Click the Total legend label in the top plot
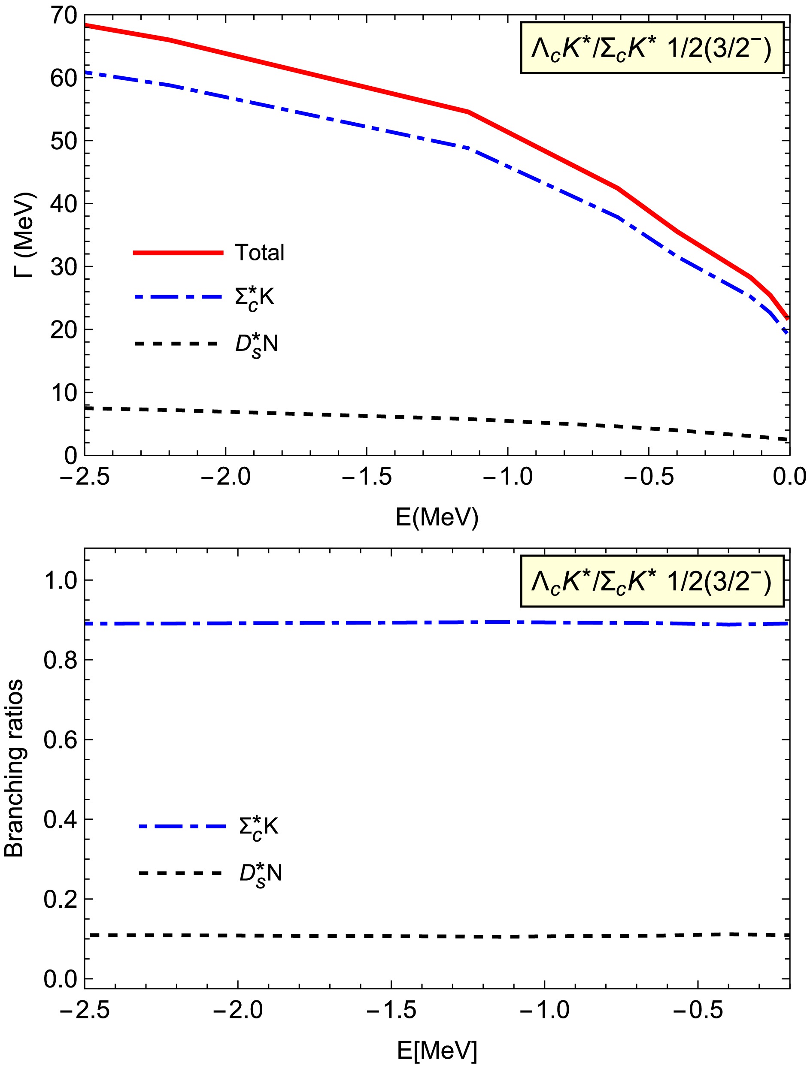260,253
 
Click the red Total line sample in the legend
178,253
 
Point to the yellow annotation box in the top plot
652,48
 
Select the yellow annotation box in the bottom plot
652,581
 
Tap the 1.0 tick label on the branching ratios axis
61,580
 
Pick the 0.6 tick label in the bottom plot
61,740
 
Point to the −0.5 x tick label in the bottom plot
698,1010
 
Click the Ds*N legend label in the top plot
256,344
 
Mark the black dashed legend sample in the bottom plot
180,873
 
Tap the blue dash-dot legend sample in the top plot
178,297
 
